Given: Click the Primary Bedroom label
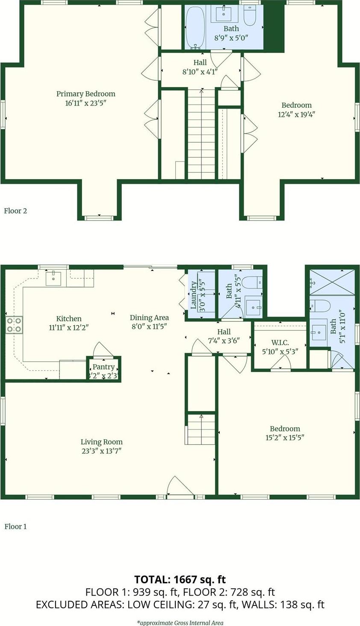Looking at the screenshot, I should click(x=86, y=94).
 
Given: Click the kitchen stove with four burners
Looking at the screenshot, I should click(x=14, y=325).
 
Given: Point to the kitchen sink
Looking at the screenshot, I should click(x=53, y=278).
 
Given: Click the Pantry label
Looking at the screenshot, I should click(x=103, y=367).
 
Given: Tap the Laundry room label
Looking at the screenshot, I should click(x=194, y=295).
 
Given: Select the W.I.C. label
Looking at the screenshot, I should click(x=280, y=343).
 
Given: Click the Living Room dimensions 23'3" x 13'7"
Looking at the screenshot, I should click(x=102, y=451).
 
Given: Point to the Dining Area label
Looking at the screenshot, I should click(x=149, y=317).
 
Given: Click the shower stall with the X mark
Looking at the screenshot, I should click(x=332, y=282).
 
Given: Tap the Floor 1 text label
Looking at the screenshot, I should click(x=16, y=526).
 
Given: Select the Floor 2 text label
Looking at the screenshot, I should click(x=16, y=211).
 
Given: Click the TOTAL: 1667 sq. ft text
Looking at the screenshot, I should click(x=180, y=579).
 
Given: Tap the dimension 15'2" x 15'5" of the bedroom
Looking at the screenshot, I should click(x=285, y=438).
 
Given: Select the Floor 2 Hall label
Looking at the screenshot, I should click(x=200, y=62).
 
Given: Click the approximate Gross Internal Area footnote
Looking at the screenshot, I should click(x=180, y=623).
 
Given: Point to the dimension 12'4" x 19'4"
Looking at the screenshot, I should click(x=296, y=114).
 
